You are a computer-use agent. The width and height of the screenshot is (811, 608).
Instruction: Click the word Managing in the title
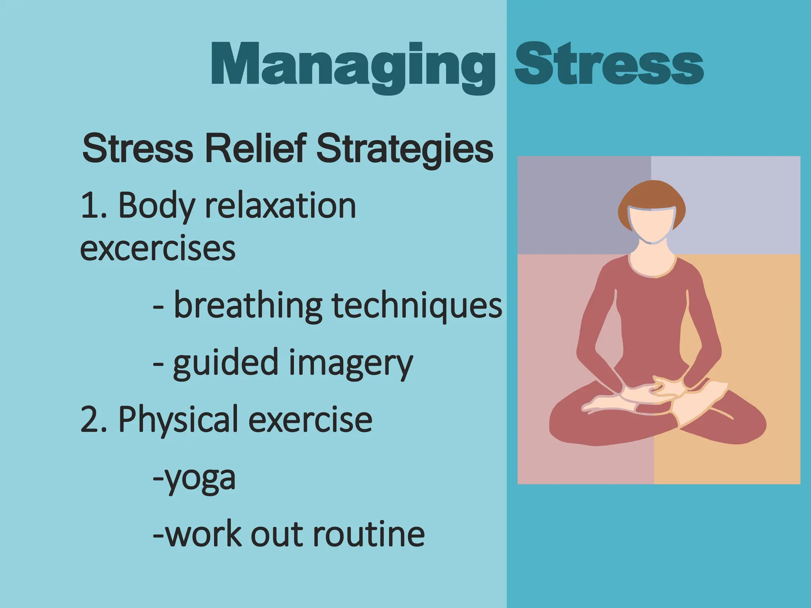click(352, 65)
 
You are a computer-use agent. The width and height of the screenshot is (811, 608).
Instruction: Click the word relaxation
click(280, 205)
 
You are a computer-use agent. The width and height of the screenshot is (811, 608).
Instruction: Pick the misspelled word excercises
click(158, 248)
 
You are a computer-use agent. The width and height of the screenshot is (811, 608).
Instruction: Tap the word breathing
click(248, 306)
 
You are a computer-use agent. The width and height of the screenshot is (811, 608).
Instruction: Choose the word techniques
click(417, 306)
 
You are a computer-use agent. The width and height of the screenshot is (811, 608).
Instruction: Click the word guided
click(226, 362)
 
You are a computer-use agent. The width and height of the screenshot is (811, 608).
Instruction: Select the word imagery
click(350, 363)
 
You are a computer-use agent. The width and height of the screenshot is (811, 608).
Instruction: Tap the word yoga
click(200, 478)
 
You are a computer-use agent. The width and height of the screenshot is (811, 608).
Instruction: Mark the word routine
click(369, 534)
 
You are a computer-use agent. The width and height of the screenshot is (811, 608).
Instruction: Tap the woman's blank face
click(652, 226)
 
